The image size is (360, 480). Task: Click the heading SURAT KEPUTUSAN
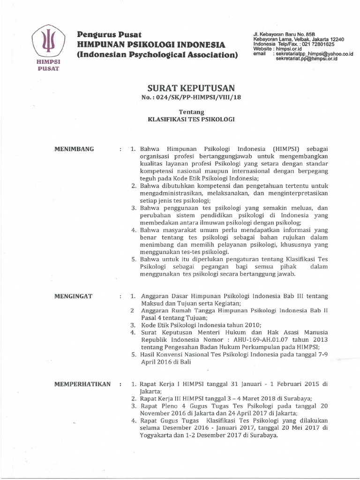191,88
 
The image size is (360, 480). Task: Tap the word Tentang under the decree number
191,112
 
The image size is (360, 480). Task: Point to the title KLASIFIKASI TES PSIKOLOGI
191,120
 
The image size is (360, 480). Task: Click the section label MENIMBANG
75,149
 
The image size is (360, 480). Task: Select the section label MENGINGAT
74,297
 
